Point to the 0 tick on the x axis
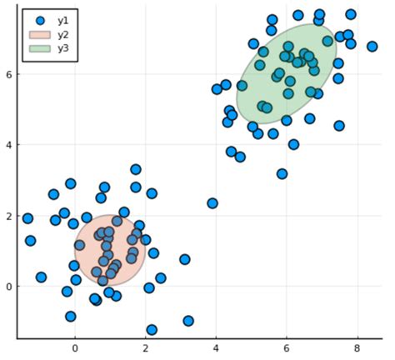point(75,349)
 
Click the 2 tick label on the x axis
point(146,349)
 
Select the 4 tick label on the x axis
point(216,349)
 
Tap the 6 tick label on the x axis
point(287,349)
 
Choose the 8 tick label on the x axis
point(357,349)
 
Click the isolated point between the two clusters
point(212,203)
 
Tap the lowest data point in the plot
point(152,330)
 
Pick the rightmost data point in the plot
point(372,47)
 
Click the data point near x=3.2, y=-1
point(188,321)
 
